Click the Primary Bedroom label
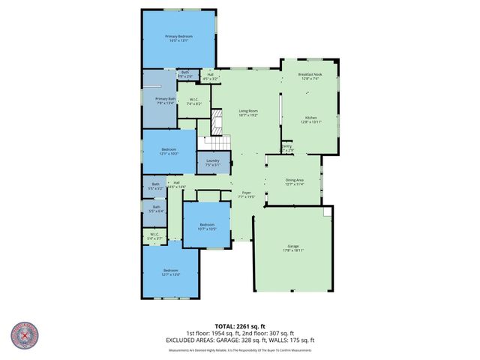179,39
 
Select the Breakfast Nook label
310,76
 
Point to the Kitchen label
310,120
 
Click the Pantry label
286,148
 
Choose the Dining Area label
294,181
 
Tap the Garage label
292,248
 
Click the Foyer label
247,194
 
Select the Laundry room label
213,163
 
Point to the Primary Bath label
165,100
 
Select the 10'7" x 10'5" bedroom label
207,226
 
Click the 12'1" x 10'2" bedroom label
169,151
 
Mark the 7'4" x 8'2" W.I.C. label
193,102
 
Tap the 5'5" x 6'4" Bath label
156,209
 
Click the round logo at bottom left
25,336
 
